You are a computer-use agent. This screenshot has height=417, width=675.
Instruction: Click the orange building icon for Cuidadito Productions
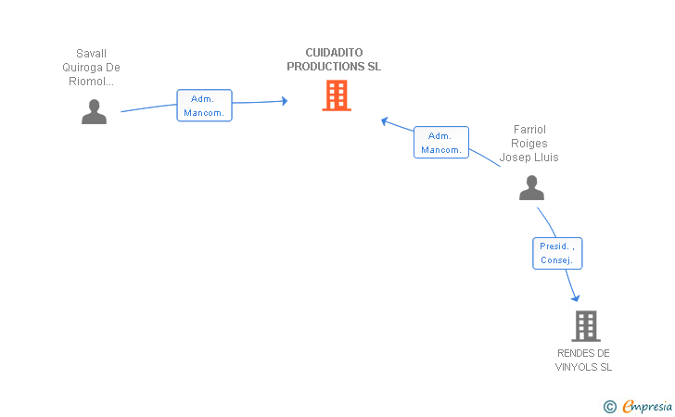point(337,95)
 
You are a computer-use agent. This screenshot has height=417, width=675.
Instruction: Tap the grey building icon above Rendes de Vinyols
point(586,326)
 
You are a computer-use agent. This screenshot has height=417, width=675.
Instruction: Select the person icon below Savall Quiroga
point(94,112)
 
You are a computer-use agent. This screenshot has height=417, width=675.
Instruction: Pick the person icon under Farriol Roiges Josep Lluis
point(531,187)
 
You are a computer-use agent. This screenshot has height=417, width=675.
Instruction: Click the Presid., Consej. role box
point(557,254)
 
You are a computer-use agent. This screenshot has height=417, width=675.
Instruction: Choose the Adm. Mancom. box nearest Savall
point(205,106)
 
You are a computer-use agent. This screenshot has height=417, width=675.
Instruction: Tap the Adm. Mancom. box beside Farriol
point(441,143)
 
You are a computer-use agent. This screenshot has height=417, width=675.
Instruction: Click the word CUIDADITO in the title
point(334,53)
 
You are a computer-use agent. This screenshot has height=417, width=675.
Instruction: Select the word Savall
point(91,54)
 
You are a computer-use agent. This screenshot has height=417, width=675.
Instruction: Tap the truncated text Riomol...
point(91,82)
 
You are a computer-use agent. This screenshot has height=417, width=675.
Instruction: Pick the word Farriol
point(529,130)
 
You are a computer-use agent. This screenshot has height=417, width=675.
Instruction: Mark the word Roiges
point(529,144)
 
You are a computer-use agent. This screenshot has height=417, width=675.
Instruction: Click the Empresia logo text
point(647,406)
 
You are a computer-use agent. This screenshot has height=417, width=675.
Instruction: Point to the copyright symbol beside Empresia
point(610,407)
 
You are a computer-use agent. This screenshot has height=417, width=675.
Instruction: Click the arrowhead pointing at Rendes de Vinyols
point(576,297)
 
